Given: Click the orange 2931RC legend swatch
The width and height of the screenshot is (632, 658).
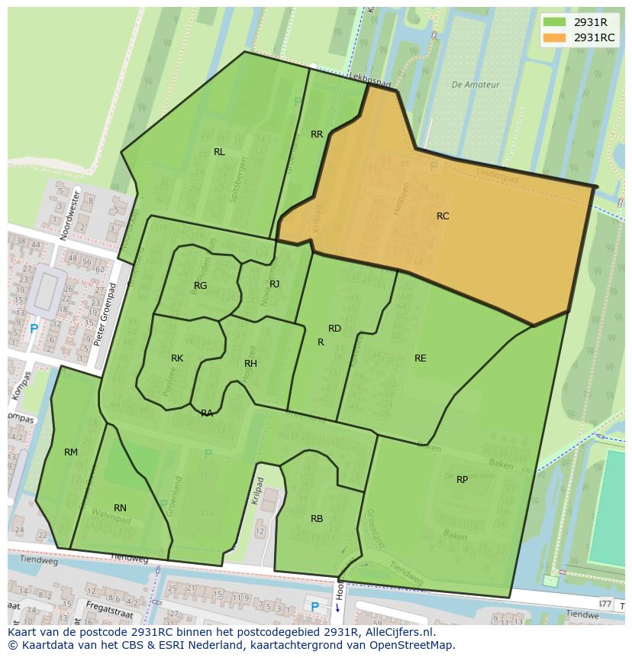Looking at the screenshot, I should [554, 37].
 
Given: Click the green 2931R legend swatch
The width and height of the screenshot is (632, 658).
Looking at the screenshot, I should [554, 22].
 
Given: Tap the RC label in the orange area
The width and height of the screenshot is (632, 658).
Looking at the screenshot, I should [443, 216].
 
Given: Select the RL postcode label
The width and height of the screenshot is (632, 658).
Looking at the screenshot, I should [219, 152].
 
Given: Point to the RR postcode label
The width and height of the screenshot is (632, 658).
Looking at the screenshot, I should [317, 135].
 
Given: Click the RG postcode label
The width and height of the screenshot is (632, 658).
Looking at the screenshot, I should [200, 286].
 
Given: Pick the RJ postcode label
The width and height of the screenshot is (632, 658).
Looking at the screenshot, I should [275, 284].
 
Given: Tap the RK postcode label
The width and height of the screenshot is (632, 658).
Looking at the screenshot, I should [177, 358].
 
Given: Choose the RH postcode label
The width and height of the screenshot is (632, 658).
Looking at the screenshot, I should [250, 364].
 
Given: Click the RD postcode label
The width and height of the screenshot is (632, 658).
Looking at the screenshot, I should [334, 329].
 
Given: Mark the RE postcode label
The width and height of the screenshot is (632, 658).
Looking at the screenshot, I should [420, 358].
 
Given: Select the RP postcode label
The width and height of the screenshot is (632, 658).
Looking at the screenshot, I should [462, 480].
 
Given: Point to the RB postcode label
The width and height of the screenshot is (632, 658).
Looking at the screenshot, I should [317, 519].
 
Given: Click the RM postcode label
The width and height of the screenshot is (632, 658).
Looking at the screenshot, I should [71, 452].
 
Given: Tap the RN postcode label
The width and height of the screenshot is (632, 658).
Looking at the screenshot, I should [120, 508].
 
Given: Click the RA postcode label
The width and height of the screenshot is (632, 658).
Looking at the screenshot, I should [207, 413].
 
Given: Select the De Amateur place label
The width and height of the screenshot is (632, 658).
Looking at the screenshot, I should [475, 85].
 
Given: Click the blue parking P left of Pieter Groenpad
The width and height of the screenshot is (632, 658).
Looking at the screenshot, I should [34, 329].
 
